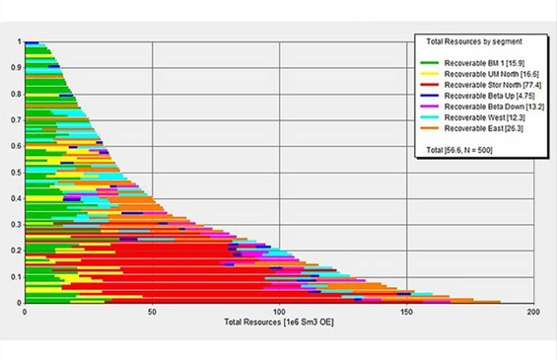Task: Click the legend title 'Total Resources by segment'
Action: tap(474, 42)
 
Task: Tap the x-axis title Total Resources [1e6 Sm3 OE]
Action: tap(276, 324)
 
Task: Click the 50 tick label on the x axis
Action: tap(151, 312)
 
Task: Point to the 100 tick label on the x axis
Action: tap(279, 312)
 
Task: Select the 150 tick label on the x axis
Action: tap(406, 312)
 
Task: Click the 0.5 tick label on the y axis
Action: tap(16, 172)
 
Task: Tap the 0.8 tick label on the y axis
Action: tap(16, 94)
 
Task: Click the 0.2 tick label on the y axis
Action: tap(16, 251)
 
